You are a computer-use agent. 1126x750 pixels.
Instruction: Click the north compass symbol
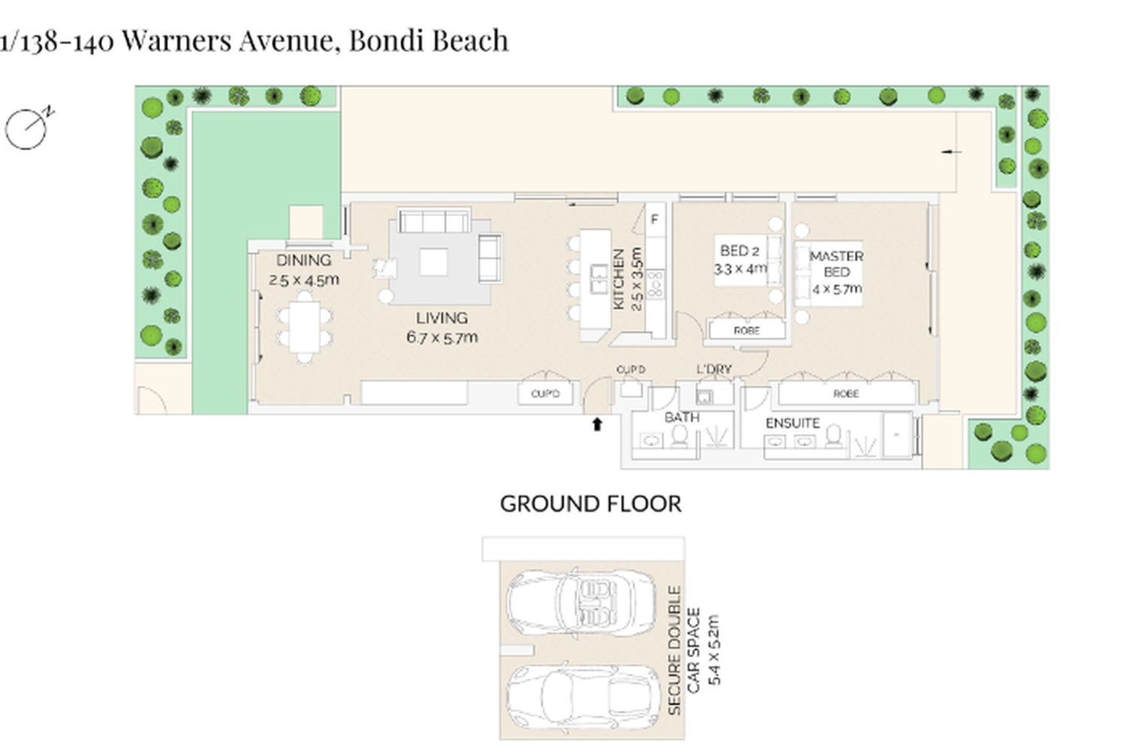click(x=28, y=128)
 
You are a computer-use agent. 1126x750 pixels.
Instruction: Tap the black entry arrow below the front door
click(x=597, y=424)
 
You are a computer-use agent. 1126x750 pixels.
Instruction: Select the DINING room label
click(x=303, y=260)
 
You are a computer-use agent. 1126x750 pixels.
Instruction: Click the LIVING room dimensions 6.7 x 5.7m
click(x=442, y=337)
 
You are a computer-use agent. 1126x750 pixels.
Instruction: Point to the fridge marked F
click(x=655, y=219)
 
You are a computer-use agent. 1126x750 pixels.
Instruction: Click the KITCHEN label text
click(x=619, y=279)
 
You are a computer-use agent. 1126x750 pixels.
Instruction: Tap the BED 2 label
click(x=739, y=250)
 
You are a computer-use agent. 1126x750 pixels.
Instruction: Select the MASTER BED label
click(x=836, y=264)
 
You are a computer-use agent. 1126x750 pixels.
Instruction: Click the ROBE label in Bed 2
click(x=746, y=331)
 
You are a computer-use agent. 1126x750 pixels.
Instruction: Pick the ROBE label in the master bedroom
click(x=846, y=393)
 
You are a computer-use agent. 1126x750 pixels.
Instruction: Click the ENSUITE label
click(x=792, y=423)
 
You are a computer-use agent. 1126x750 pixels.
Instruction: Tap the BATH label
click(x=682, y=417)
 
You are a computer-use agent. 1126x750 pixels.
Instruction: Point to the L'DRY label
click(x=715, y=369)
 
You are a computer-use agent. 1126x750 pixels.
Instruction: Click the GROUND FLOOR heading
click(x=591, y=504)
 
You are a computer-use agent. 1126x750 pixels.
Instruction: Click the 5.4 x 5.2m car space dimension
click(x=714, y=649)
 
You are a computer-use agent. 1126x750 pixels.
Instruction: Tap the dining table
click(x=305, y=326)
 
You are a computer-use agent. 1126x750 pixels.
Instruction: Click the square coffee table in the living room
click(x=433, y=262)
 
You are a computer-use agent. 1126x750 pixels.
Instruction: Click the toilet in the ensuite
click(x=833, y=436)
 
